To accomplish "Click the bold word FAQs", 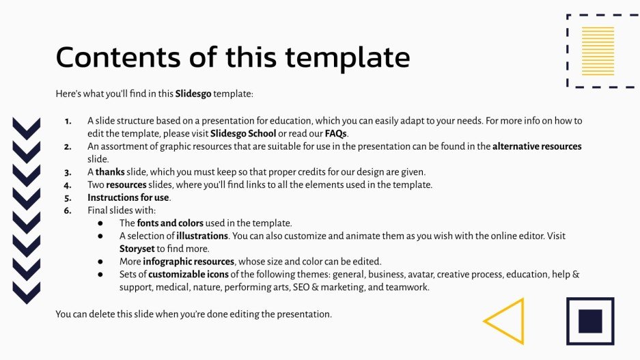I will pos(336,133).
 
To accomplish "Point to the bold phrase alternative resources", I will pos(537,146).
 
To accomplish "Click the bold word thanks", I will pos(110,171).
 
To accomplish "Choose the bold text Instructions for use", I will pos(128,197).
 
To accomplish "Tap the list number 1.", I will pos(68,121).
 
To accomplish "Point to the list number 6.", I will pos(68,210).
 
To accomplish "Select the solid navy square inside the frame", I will pos(589,321).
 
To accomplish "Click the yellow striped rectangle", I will pos(598,51).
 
